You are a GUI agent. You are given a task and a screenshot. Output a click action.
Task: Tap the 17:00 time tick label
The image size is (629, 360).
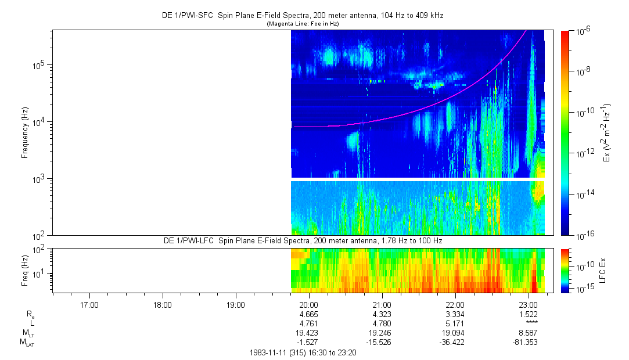pos(89,304)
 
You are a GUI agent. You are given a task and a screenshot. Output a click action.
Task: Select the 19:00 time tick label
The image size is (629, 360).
pos(235,304)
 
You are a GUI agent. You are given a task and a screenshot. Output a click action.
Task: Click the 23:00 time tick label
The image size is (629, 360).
pos(528,304)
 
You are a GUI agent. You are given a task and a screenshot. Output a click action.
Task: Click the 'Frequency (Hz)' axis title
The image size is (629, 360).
pos(25,132)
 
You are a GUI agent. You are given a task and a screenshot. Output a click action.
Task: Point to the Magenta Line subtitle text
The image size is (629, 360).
pos(303,24)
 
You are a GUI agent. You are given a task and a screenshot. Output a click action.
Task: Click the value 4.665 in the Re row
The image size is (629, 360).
pos(308,314)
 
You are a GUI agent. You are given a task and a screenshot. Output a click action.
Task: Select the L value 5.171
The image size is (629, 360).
pos(455,323)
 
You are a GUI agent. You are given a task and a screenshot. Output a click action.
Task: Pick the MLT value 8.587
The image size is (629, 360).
pos(528,333)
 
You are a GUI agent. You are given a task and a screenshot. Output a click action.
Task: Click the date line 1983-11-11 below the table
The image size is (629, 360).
pos(303,352)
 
